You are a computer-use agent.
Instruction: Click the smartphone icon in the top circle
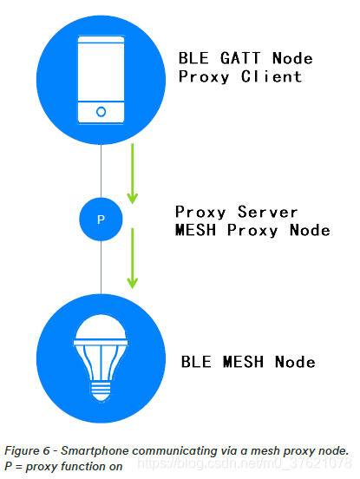101,77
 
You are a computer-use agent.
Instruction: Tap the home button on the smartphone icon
101,112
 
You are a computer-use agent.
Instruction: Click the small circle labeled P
101,220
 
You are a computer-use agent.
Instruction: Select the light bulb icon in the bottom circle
101,357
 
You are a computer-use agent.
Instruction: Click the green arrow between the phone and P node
132,174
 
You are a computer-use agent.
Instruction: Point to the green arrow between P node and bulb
132,259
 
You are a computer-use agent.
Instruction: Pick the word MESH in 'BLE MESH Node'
245,361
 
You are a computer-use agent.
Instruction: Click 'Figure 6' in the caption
30,450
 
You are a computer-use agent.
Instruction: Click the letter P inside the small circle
101,220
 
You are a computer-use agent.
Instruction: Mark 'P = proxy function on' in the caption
63,467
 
